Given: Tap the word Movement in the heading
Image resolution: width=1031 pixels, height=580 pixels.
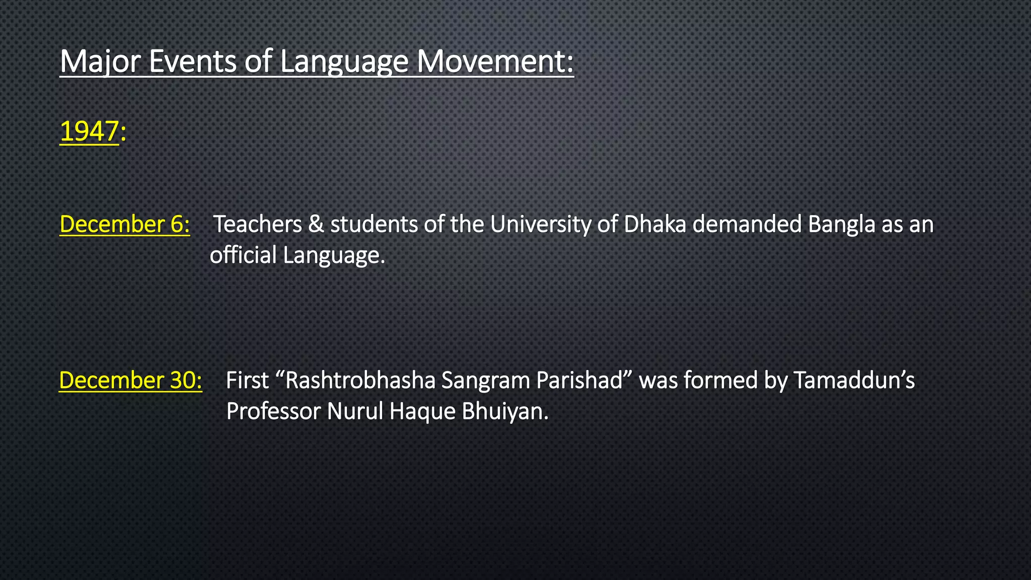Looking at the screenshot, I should tap(495, 61).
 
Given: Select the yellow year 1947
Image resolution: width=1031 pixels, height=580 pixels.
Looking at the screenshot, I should tap(89, 131).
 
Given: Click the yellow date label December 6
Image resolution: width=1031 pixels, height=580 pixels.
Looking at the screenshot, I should tap(124, 225).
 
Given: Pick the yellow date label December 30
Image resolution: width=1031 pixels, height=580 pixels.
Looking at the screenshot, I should tap(130, 381).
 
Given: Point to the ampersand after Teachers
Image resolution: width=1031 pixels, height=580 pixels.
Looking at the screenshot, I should tap(316, 225).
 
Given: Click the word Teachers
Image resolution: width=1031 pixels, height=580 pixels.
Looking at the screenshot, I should tap(258, 225).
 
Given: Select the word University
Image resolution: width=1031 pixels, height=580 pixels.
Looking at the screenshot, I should tap(540, 225).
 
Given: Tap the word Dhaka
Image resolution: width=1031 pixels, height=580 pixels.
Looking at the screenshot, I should tap(654, 225).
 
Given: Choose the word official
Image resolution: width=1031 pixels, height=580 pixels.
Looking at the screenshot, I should tap(243, 255).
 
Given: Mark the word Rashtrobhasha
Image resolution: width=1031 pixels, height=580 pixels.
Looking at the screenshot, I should tap(359, 381).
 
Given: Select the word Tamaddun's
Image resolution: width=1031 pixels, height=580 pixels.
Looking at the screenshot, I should tap(854, 381).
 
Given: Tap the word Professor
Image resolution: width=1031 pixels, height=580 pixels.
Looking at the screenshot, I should tap(273, 412).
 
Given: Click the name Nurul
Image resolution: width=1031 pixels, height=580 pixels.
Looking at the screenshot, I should tap(355, 412).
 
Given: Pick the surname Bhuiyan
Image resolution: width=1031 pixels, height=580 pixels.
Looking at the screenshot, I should tap(504, 412).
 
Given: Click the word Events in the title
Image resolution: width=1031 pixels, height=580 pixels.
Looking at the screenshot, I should tap(193, 61).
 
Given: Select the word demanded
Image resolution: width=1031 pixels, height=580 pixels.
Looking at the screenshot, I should tap(747, 225).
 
